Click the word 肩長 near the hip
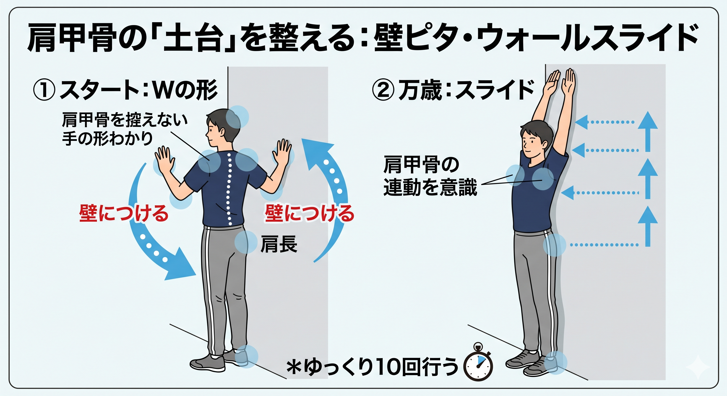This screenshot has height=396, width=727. point(279,244)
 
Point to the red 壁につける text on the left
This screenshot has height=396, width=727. point(124,214)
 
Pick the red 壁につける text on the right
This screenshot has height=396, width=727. point(309,214)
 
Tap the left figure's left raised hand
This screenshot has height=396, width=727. point(165,160)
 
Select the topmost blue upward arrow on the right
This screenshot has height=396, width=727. point(648,131)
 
